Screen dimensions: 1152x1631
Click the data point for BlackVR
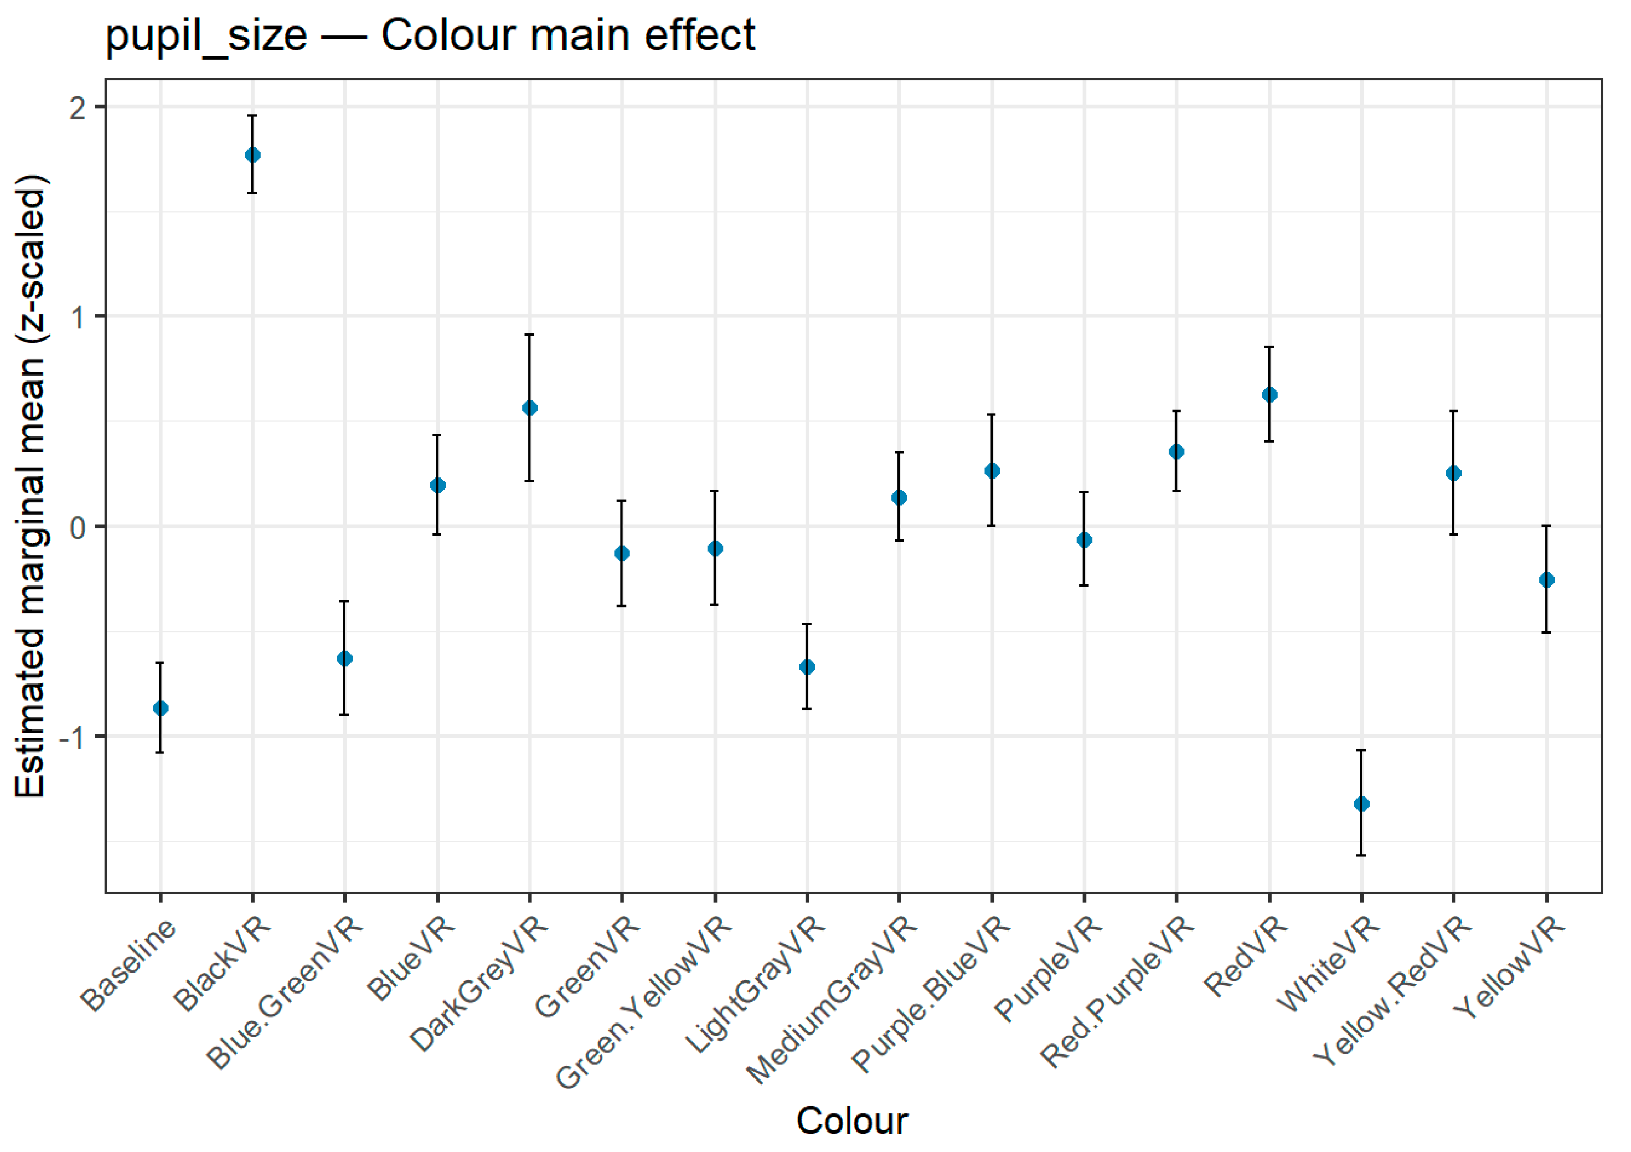(x=252, y=155)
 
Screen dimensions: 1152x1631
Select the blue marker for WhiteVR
(x=1361, y=804)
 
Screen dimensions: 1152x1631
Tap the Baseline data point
(x=161, y=708)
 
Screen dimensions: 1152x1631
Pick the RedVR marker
(x=1269, y=394)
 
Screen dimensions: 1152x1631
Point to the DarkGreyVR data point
(x=529, y=408)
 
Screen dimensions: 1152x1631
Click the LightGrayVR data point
(x=807, y=667)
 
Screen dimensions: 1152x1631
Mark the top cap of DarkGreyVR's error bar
(x=529, y=335)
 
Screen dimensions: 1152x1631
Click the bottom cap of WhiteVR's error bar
(x=1361, y=855)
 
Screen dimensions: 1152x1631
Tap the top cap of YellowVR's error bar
(x=1546, y=526)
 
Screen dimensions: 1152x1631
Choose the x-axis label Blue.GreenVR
(x=284, y=994)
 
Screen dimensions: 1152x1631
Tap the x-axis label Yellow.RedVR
(x=1392, y=993)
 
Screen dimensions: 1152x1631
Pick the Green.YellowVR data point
(x=715, y=548)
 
